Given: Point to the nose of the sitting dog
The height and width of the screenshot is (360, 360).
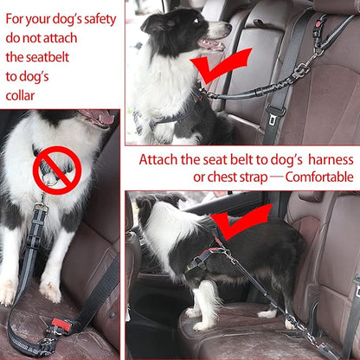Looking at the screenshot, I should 227,28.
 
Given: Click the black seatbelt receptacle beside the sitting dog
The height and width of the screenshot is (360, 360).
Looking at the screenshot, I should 275,114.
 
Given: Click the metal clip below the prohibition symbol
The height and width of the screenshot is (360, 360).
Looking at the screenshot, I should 41,209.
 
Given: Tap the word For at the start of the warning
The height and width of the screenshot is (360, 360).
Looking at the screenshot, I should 16,17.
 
